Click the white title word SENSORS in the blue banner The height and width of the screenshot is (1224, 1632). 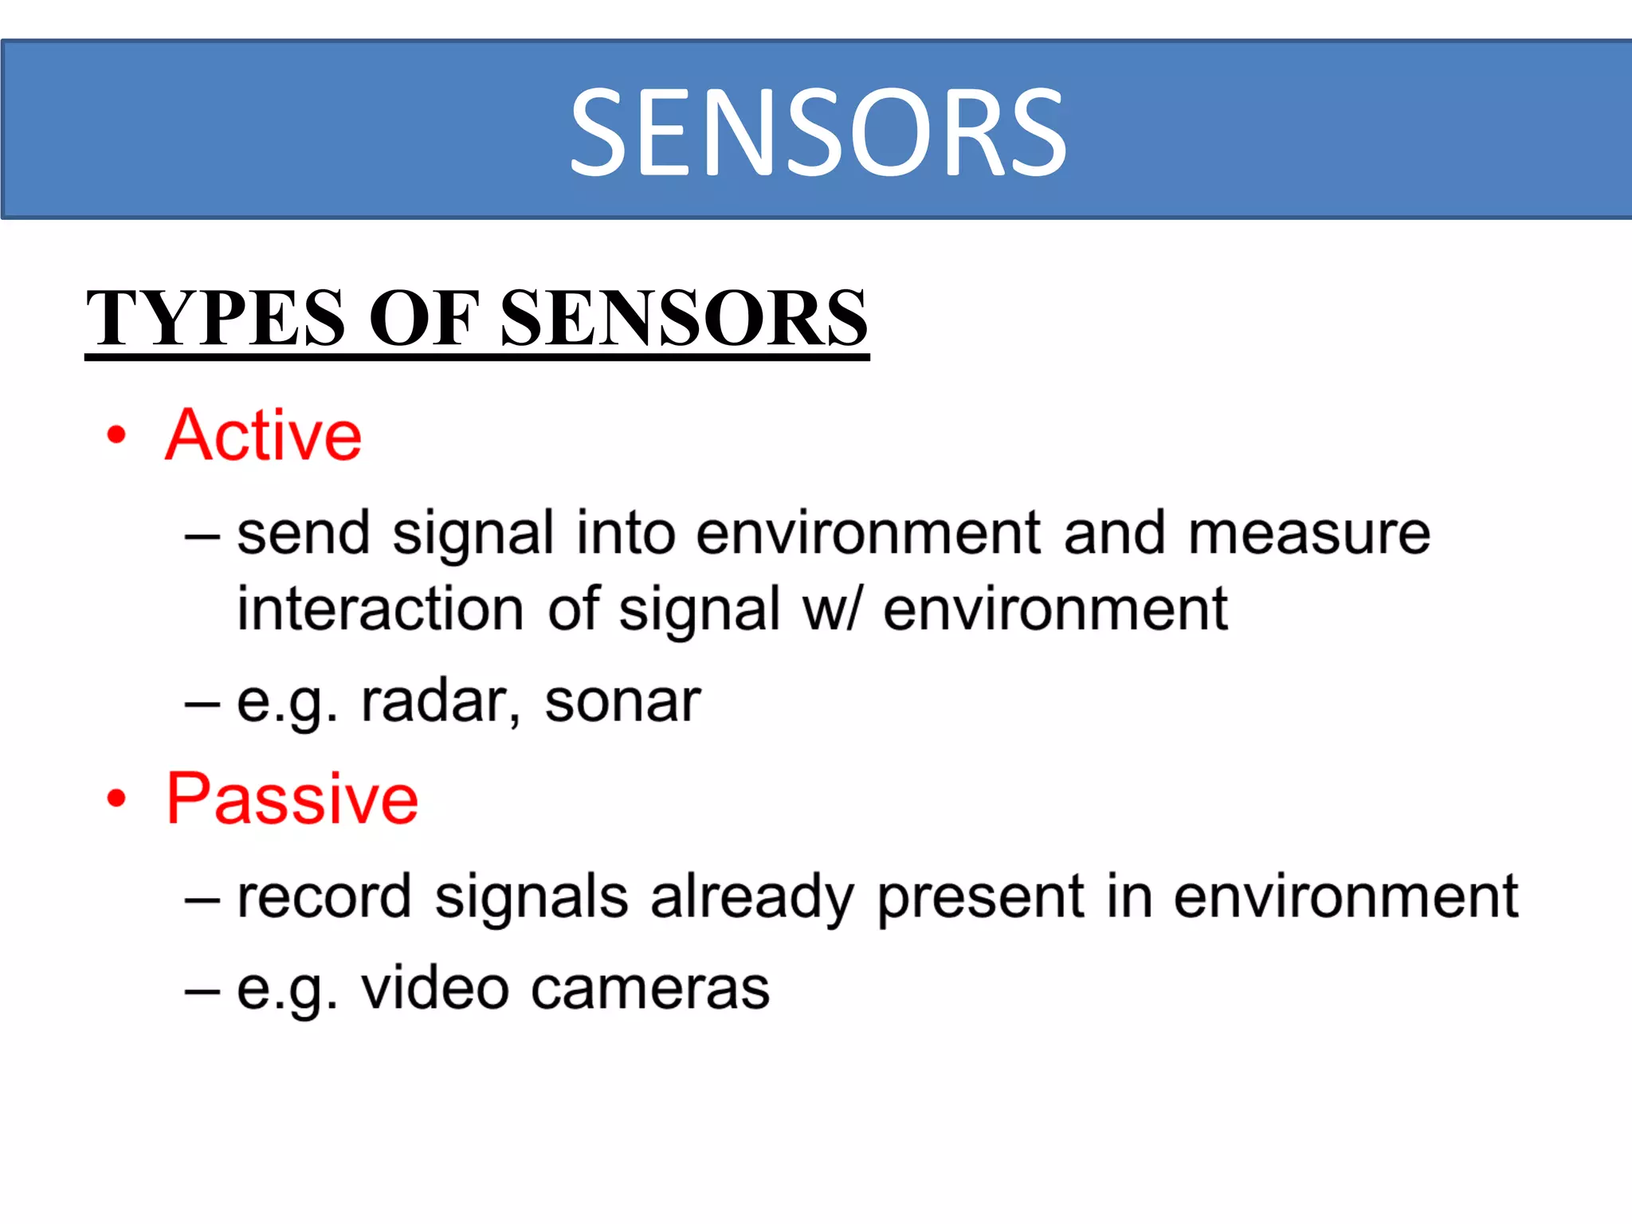(x=818, y=132)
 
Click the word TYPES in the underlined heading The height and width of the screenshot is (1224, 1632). (x=215, y=318)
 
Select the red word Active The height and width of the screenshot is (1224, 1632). (x=264, y=435)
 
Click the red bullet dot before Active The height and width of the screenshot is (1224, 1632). (x=117, y=435)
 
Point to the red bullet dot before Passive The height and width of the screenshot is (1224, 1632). (x=117, y=798)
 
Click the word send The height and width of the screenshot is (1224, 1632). (x=304, y=533)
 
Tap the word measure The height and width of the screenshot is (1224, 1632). (x=1309, y=533)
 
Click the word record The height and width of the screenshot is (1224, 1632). (x=324, y=896)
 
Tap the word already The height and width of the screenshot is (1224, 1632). (x=752, y=898)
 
